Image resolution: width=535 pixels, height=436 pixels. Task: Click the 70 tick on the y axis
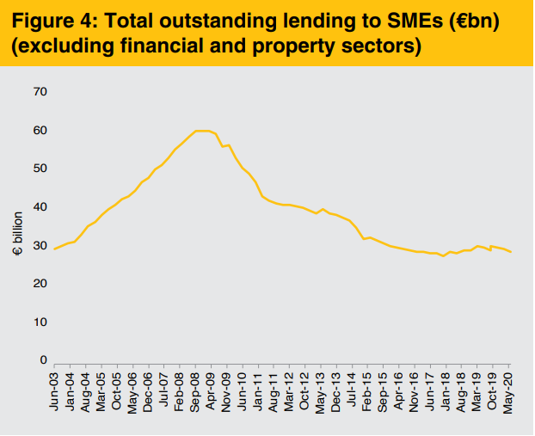tap(40, 92)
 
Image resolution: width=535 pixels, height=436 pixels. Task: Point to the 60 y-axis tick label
tap(40, 131)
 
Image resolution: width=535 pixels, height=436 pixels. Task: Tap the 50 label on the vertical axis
tap(40, 169)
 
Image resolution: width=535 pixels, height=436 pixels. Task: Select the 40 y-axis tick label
tap(40, 207)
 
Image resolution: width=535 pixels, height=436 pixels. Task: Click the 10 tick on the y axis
tap(40, 322)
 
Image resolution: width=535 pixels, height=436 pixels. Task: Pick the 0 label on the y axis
tap(43, 360)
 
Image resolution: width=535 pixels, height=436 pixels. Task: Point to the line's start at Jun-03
tap(55, 249)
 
